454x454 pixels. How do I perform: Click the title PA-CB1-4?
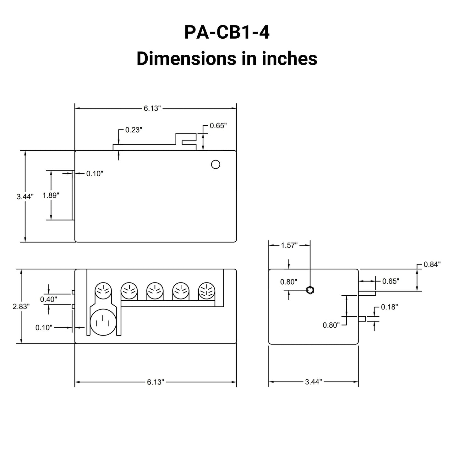click(x=227, y=33)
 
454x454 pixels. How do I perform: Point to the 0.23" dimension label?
click(x=134, y=130)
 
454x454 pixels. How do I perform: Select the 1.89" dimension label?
click(x=51, y=195)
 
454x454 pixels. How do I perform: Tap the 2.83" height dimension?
click(x=21, y=306)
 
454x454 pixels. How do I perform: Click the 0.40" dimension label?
click(x=48, y=299)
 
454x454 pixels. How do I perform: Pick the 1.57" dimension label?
click(x=289, y=245)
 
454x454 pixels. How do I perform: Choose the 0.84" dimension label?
click(x=432, y=265)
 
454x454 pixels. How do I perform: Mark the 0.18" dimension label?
click(x=389, y=307)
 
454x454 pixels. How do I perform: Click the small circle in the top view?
click(x=216, y=164)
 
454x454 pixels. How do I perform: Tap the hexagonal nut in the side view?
click(x=310, y=290)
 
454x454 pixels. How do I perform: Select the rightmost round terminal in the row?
click(x=206, y=291)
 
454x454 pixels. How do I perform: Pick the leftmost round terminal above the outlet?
click(x=103, y=291)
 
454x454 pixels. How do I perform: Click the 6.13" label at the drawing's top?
click(x=152, y=108)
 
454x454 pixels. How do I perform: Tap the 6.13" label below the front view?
click(x=156, y=382)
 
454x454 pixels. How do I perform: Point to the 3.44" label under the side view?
click(x=314, y=382)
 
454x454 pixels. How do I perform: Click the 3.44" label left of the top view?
click(x=25, y=197)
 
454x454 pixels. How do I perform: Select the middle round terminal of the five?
click(x=155, y=291)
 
